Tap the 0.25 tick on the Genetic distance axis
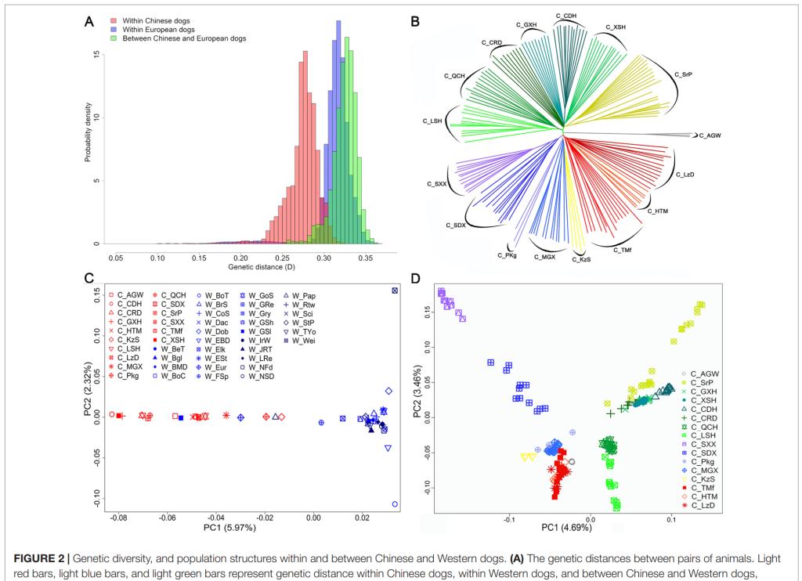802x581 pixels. (199, 256)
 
